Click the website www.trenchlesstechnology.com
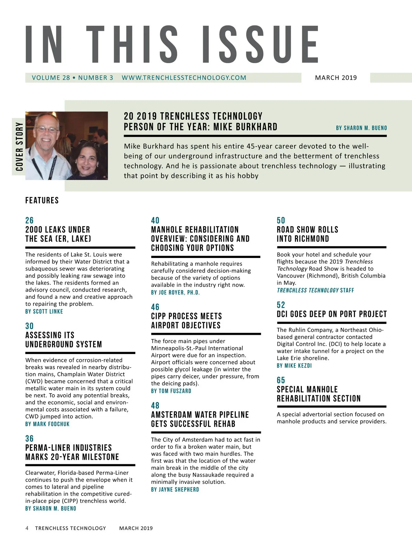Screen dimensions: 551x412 (184, 78)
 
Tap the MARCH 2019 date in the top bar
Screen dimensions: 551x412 (336, 78)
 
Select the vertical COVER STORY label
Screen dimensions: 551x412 (19, 146)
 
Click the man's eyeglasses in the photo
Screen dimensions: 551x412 (47, 130)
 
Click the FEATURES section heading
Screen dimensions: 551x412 (42, 200)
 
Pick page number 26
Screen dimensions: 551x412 (30, 221)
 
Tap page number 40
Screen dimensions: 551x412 (155, 221)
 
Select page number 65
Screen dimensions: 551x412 (281, 380)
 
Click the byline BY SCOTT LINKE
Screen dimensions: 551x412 (44, 312)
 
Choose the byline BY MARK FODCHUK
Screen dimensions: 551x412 (47, 424)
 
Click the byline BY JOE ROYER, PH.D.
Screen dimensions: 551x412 (175, 293)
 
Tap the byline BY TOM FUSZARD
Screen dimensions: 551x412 (171, 391)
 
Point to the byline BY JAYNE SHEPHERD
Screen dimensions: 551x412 (175, 490)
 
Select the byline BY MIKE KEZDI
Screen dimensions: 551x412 (294, 366)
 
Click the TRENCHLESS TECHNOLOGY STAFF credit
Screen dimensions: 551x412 (315, 290)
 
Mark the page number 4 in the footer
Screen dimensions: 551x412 (27, 528)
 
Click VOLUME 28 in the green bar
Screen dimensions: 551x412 (51, 78)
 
